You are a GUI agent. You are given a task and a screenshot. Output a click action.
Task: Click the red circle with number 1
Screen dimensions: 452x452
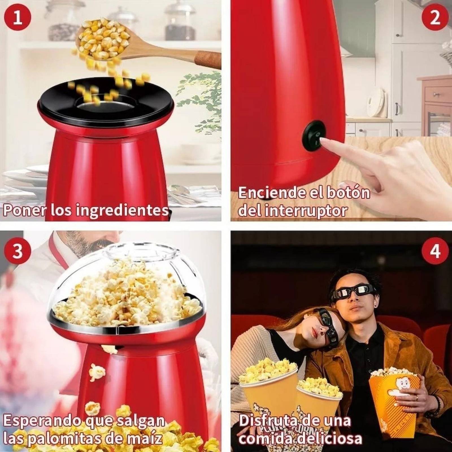pos(18,18)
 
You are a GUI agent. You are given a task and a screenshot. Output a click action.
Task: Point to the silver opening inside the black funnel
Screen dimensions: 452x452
pos(93,107)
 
